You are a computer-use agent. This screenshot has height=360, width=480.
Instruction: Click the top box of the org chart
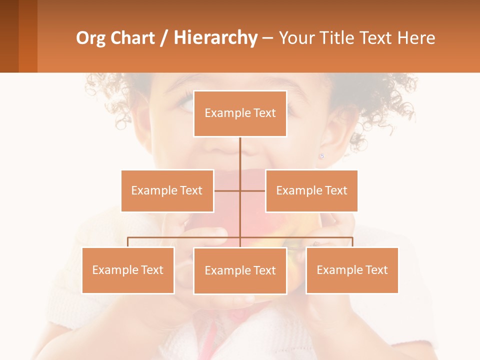click(240, 113)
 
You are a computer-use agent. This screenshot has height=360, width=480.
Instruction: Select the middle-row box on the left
click(167, 190)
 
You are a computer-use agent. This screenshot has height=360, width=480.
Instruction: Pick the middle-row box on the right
click(311, 190)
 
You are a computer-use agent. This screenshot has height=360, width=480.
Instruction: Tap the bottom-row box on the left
click(128, 270)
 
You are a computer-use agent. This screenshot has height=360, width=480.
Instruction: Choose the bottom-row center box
click(240, 270)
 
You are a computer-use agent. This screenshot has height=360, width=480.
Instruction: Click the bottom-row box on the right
click(352, 270)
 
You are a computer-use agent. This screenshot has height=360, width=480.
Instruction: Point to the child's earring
click(321, 156)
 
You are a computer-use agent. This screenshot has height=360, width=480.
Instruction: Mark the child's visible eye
click(185, 104)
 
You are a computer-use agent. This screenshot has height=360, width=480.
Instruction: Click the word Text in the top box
click(264, 113)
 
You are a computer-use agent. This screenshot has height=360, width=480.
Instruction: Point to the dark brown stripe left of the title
click(9, 36)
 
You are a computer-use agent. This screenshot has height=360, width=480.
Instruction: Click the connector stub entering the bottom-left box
click(128, 242)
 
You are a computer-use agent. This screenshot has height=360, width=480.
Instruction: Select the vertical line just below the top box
click(240, 150)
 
